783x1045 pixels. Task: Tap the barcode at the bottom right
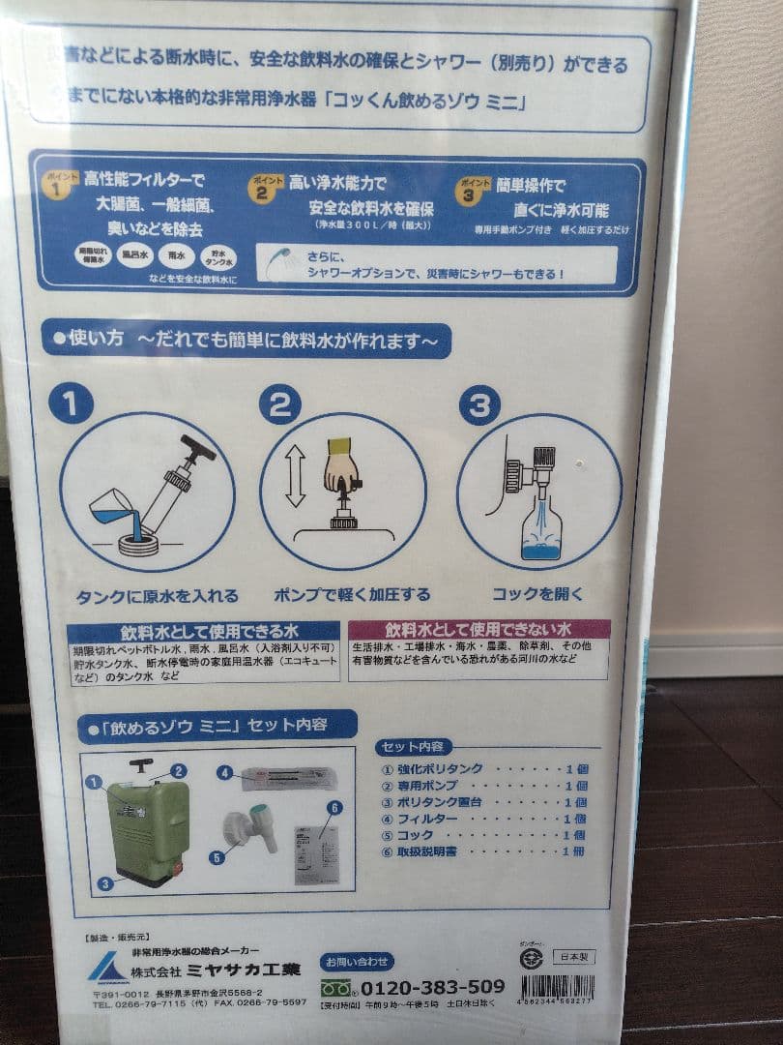click(556, 989)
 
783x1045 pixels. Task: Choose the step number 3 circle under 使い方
click(478, 405)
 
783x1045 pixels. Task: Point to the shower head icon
click(282, 262)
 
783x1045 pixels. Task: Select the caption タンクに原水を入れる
click(157, 595)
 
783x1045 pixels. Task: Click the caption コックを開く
click(537, 593)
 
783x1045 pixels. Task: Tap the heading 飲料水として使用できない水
click(478, 629)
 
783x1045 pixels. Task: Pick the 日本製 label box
click(573, 957)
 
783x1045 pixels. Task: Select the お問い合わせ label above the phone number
click(358, 961)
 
